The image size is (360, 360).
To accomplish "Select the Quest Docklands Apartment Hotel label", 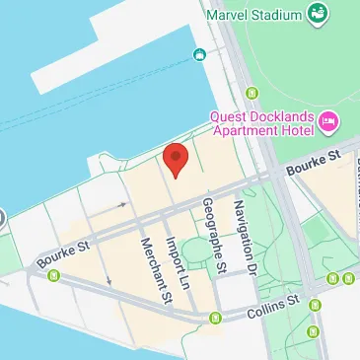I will tap(260, 125).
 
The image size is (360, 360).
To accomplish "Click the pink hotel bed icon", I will tap(327, 124).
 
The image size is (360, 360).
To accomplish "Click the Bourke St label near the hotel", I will tap(313, 162).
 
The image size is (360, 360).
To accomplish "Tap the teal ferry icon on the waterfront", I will tap(199, 53).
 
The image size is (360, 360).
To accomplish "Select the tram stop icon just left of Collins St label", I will tap(217, 318).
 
